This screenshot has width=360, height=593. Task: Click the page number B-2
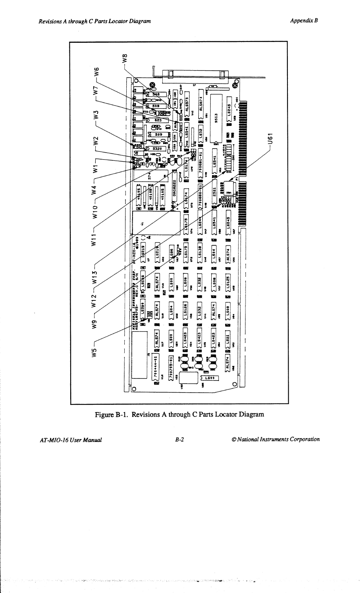pyautogui.click(x=180, y=439)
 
